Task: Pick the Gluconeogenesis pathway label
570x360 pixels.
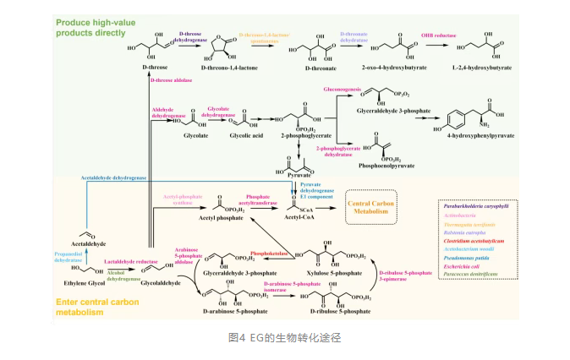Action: [348, 88]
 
